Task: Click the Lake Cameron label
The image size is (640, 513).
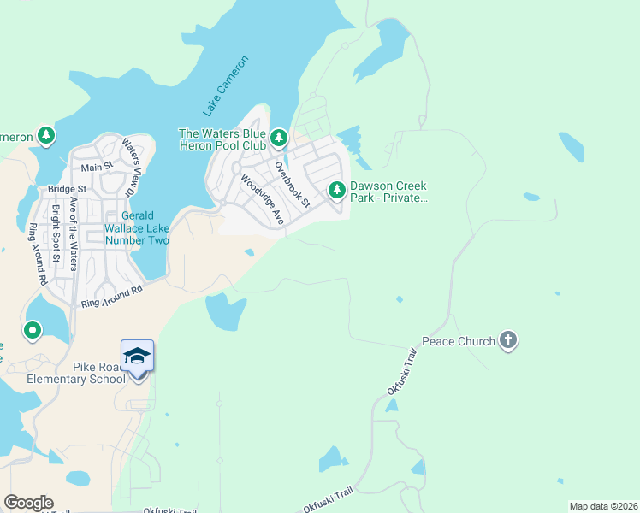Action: coord(226,86)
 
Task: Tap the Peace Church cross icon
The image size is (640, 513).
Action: coord(508,341)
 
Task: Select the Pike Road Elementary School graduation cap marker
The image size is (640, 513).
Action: coord(137,357)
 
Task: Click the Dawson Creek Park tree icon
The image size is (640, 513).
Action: coord(337,188)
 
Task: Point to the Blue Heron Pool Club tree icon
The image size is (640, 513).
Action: coord(278,137)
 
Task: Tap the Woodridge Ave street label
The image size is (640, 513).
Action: coord(262,199)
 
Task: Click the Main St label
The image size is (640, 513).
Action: coord(97,167)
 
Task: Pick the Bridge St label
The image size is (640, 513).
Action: coord(68,188)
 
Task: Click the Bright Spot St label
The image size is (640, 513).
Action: coord(56,233)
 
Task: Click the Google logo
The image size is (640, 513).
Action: coord(28,503)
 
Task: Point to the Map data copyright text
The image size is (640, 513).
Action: coord(603,506)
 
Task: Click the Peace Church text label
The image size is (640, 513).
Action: coord(459,341)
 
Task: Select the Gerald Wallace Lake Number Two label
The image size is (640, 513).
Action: coord(137,228)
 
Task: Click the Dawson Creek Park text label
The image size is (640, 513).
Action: coord(388,192)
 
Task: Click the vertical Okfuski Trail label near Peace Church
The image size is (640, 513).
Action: coord(401,371)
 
